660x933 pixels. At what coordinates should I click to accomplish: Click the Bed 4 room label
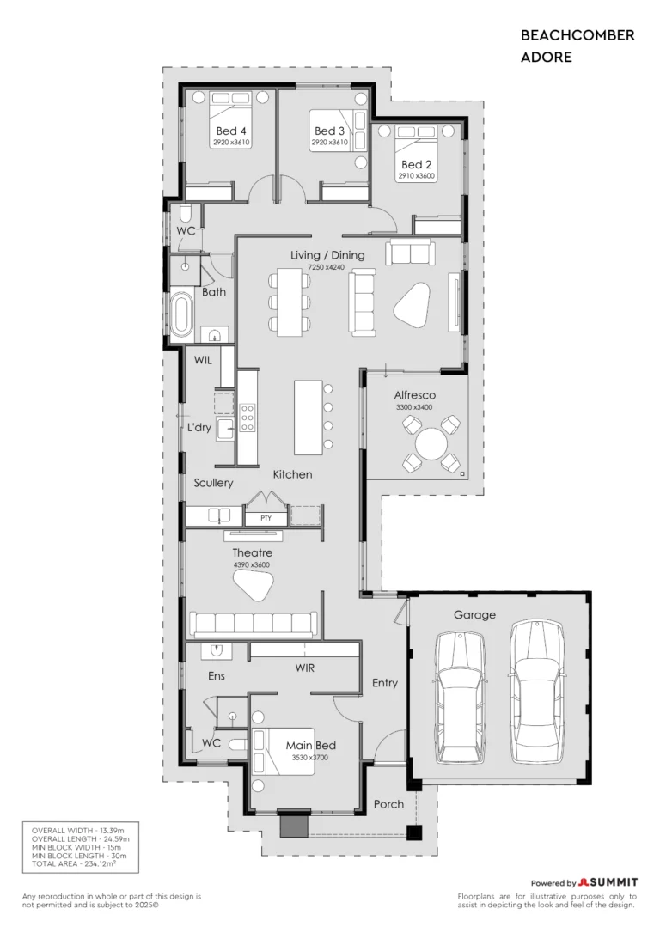point(231,131)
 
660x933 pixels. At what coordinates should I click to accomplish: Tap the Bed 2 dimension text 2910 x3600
point(417,176)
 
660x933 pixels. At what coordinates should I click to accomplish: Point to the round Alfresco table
point(431,443)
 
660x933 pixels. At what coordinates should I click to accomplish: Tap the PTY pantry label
point(266,518)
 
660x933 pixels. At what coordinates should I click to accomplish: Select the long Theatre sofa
point(254,624)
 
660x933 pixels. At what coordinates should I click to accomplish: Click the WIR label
point(305,668)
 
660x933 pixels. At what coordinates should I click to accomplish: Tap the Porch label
point(388,804)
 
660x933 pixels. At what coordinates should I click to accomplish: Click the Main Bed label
point(310,745)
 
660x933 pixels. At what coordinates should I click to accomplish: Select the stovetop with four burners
point(247,418)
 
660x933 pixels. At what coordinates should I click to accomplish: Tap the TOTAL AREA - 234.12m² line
point(74,863)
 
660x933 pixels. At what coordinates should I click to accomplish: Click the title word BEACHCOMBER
point(577,35)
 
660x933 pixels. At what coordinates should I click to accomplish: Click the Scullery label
point(213,483)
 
